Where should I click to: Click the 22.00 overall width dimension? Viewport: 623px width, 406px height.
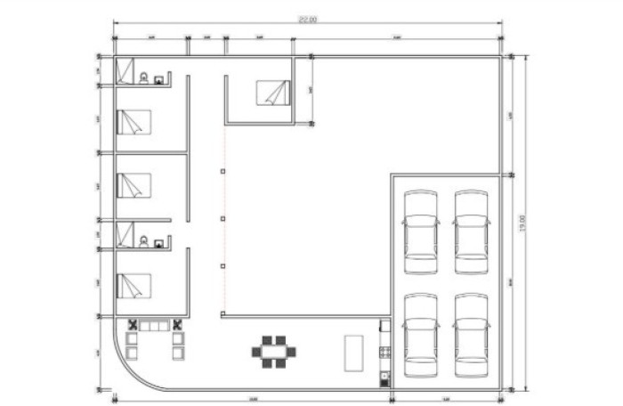coord(308,20)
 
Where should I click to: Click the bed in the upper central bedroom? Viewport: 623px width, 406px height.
coord(273,93)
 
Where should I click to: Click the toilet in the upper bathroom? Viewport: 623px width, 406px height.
coord(143,78)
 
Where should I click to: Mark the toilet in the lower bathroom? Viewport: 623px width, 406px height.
coord(143,240)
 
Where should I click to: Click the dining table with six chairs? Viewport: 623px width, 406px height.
coord(274,351)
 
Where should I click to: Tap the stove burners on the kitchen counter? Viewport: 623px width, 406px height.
coord(384,351)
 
